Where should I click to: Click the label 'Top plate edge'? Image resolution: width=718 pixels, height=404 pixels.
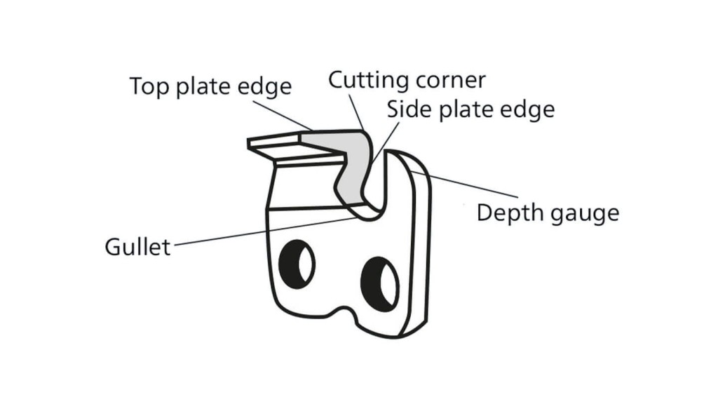click(x=210, y=87)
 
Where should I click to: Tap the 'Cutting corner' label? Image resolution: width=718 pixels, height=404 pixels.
click(x=407, y=79)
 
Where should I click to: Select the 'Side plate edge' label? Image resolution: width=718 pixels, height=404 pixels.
click(x=470, y=109)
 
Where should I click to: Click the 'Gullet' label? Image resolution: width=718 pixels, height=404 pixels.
click(x=137, y=247)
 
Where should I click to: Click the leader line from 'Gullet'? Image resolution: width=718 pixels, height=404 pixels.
click(x=266, y=231)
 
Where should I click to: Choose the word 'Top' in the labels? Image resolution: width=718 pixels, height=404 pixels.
click(x=147, y=87)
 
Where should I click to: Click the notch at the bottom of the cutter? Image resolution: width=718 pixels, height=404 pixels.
click(x=343, y=313)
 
